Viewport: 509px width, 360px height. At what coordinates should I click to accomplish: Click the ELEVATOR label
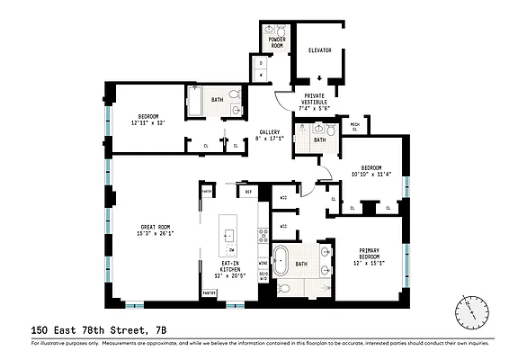pos(320,50)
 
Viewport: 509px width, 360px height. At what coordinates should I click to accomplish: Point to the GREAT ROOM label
pos(156,229)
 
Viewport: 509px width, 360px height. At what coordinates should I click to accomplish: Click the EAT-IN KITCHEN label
pos(229,268)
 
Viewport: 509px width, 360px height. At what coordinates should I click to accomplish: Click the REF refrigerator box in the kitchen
pos(247,192)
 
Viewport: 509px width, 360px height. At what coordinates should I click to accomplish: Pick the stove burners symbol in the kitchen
pos(263,236)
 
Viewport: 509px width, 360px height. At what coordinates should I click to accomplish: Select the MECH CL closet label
pos(354,127)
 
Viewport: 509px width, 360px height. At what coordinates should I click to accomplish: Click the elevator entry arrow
pos(320,78)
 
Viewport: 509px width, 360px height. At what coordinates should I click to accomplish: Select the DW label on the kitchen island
pos(231,249)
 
